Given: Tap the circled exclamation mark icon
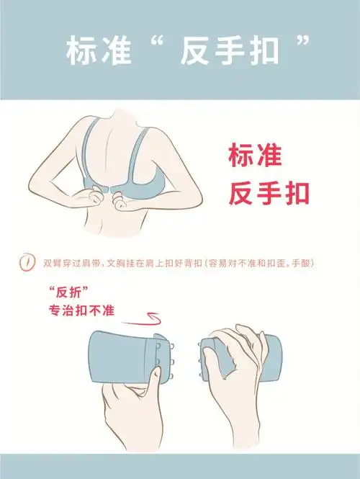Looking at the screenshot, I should [x=27, y=264].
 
